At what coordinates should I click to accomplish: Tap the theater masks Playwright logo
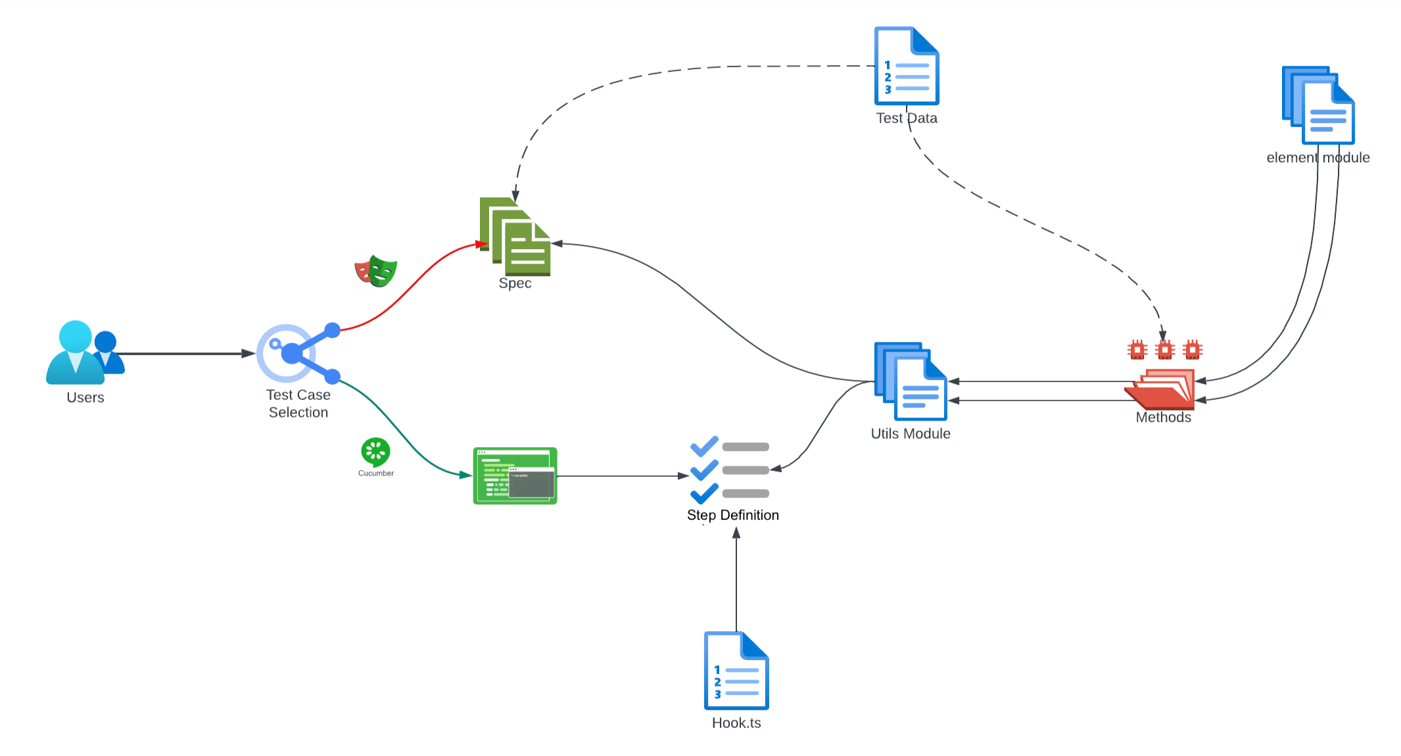tap(376, 271)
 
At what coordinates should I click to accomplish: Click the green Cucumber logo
tap(375, 452)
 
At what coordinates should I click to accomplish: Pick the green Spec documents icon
tap(515, 237)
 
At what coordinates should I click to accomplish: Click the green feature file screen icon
tap(515, 476)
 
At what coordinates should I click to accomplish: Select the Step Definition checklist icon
tap(730, 470)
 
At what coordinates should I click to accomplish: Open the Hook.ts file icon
tap(736, 671)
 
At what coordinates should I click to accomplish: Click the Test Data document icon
tap(907, 66)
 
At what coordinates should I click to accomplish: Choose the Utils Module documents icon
tap(911, 381)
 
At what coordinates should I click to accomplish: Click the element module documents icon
tap(1318, 105)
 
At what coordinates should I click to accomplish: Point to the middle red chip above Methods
tap(1164, 350)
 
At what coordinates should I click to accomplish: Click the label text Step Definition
tap(733, 515)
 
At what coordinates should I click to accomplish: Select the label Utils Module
tap(911, 434)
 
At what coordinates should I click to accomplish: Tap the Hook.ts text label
tap(736, 723)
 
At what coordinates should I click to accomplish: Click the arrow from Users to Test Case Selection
tap(184, 354)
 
